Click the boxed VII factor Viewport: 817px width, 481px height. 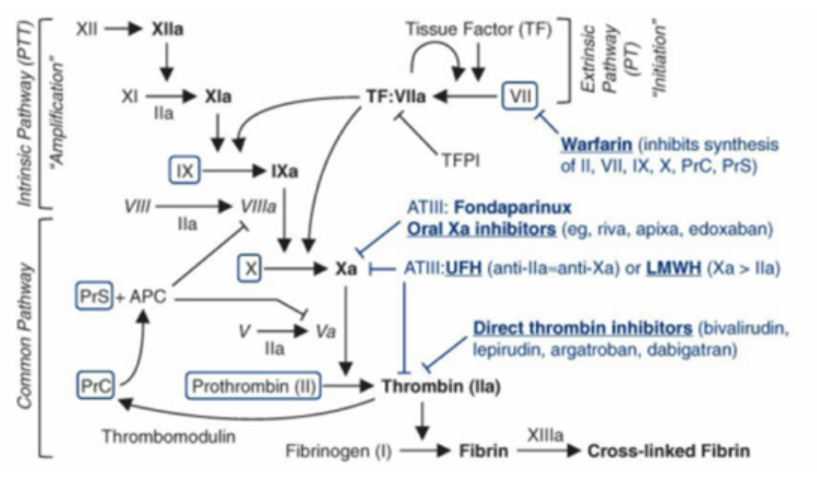coord(519,96)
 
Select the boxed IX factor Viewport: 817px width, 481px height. coord(184,170)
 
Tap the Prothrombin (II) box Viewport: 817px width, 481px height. coord(253,386)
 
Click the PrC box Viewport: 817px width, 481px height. coord(95,385)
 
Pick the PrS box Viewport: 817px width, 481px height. coord(94,296)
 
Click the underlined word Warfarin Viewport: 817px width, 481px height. coord(597,145)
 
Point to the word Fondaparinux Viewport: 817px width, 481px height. coord(512,208)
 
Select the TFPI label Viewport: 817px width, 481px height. coord(460,160)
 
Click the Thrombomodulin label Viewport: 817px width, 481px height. coord(169,436)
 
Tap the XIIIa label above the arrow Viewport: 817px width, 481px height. coord(545,435)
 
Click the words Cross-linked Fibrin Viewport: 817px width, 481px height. coord(669,451)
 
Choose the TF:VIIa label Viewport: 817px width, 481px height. coord(396,97)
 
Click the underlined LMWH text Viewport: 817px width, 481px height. coord(674,268)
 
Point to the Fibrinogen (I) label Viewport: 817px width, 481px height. coord(338,451)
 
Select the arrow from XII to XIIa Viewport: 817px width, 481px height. coord(123,28)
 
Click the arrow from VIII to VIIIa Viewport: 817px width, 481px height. coord(194,206)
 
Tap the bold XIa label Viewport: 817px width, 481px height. coord(218,97)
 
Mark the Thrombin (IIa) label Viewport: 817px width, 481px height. coord(441,386)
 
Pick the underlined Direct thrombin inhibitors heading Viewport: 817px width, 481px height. coord(583,328)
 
